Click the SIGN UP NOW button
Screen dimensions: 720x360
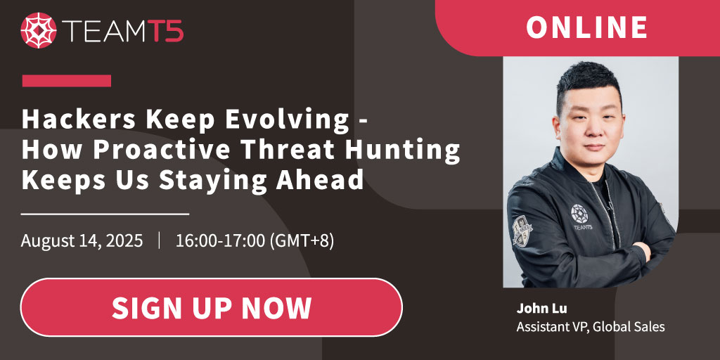[x=211, y=307]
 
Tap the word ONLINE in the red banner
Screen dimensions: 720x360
[x=586, y=27]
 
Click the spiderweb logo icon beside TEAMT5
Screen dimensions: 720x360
[x=39, y=30]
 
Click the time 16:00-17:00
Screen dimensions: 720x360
[x=220, y=241]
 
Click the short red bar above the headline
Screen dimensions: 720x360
[x=67, y=81]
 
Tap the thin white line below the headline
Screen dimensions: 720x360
[x=105, y=214]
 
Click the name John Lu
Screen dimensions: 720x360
[x=541, y=309]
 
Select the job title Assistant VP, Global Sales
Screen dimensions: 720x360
[x=591, y=327]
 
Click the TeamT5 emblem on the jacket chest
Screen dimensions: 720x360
[x=581, y=217]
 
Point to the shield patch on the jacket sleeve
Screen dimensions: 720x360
[x=522, y=231]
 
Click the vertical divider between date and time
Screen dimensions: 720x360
[x=160, y=241]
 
